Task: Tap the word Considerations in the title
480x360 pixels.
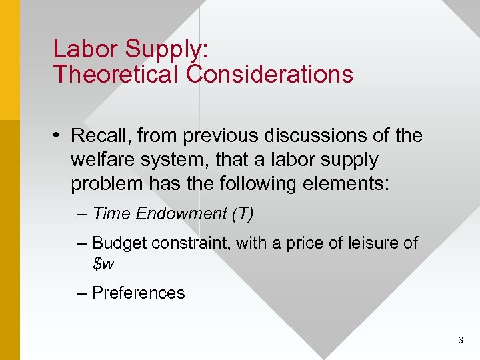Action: [x=270, y=74]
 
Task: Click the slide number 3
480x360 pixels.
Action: [x=461, y=341]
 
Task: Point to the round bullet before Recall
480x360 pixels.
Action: [x=59, y=136]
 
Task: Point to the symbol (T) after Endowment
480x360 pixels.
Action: [x=242, y=213]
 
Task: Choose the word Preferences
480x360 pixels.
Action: [x=138, y=293]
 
